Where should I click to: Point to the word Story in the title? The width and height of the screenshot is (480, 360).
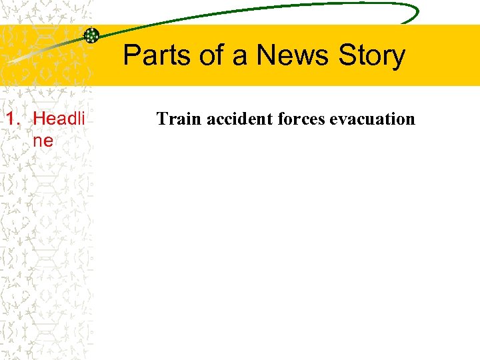click(371, 57)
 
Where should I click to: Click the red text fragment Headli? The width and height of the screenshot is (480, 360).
click(59, 119)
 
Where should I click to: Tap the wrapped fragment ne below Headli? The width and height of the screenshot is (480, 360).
click(43, 141)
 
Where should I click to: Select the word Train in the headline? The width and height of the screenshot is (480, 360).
click(179, 119)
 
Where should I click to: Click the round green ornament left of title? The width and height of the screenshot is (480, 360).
click(91, 35)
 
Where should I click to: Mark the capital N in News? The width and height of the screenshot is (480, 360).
click(265, 55)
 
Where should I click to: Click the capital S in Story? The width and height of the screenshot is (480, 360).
click(347, 55)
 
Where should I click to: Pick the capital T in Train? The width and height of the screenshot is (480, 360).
click(162, 119)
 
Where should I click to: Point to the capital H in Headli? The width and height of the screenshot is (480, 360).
click(39, 119)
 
